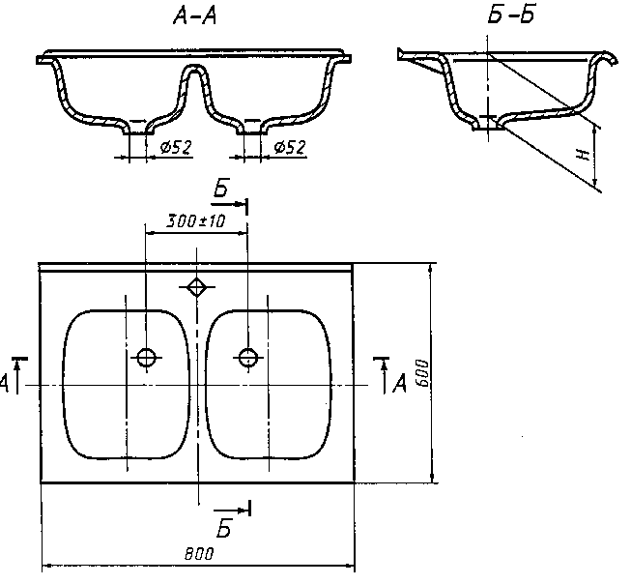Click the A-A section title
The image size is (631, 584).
click(x=195, y=16)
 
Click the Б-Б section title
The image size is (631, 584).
click(x=511, y=15)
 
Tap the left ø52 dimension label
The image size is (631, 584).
click(x=176, y=147)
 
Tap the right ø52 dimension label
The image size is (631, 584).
click(x=290, y=147)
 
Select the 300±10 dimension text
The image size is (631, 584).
click(x=196, y=221)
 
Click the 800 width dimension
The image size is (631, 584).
click(x=199, y=554)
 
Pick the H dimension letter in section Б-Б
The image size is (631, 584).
click(x=583, y=155)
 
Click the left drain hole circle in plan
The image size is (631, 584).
click(x=146, y=357)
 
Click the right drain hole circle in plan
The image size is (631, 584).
click(x=248, y=357)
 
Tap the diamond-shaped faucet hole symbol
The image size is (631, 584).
click(x=196, y=287)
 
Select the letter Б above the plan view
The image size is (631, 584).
click(x=221, y=188)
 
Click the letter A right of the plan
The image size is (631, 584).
click(x=399, y=383)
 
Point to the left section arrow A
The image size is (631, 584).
click(x=17, y=374)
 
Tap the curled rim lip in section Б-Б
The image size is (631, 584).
click(x=607, y=57)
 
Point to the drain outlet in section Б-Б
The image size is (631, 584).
click(x=488, y=124)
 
